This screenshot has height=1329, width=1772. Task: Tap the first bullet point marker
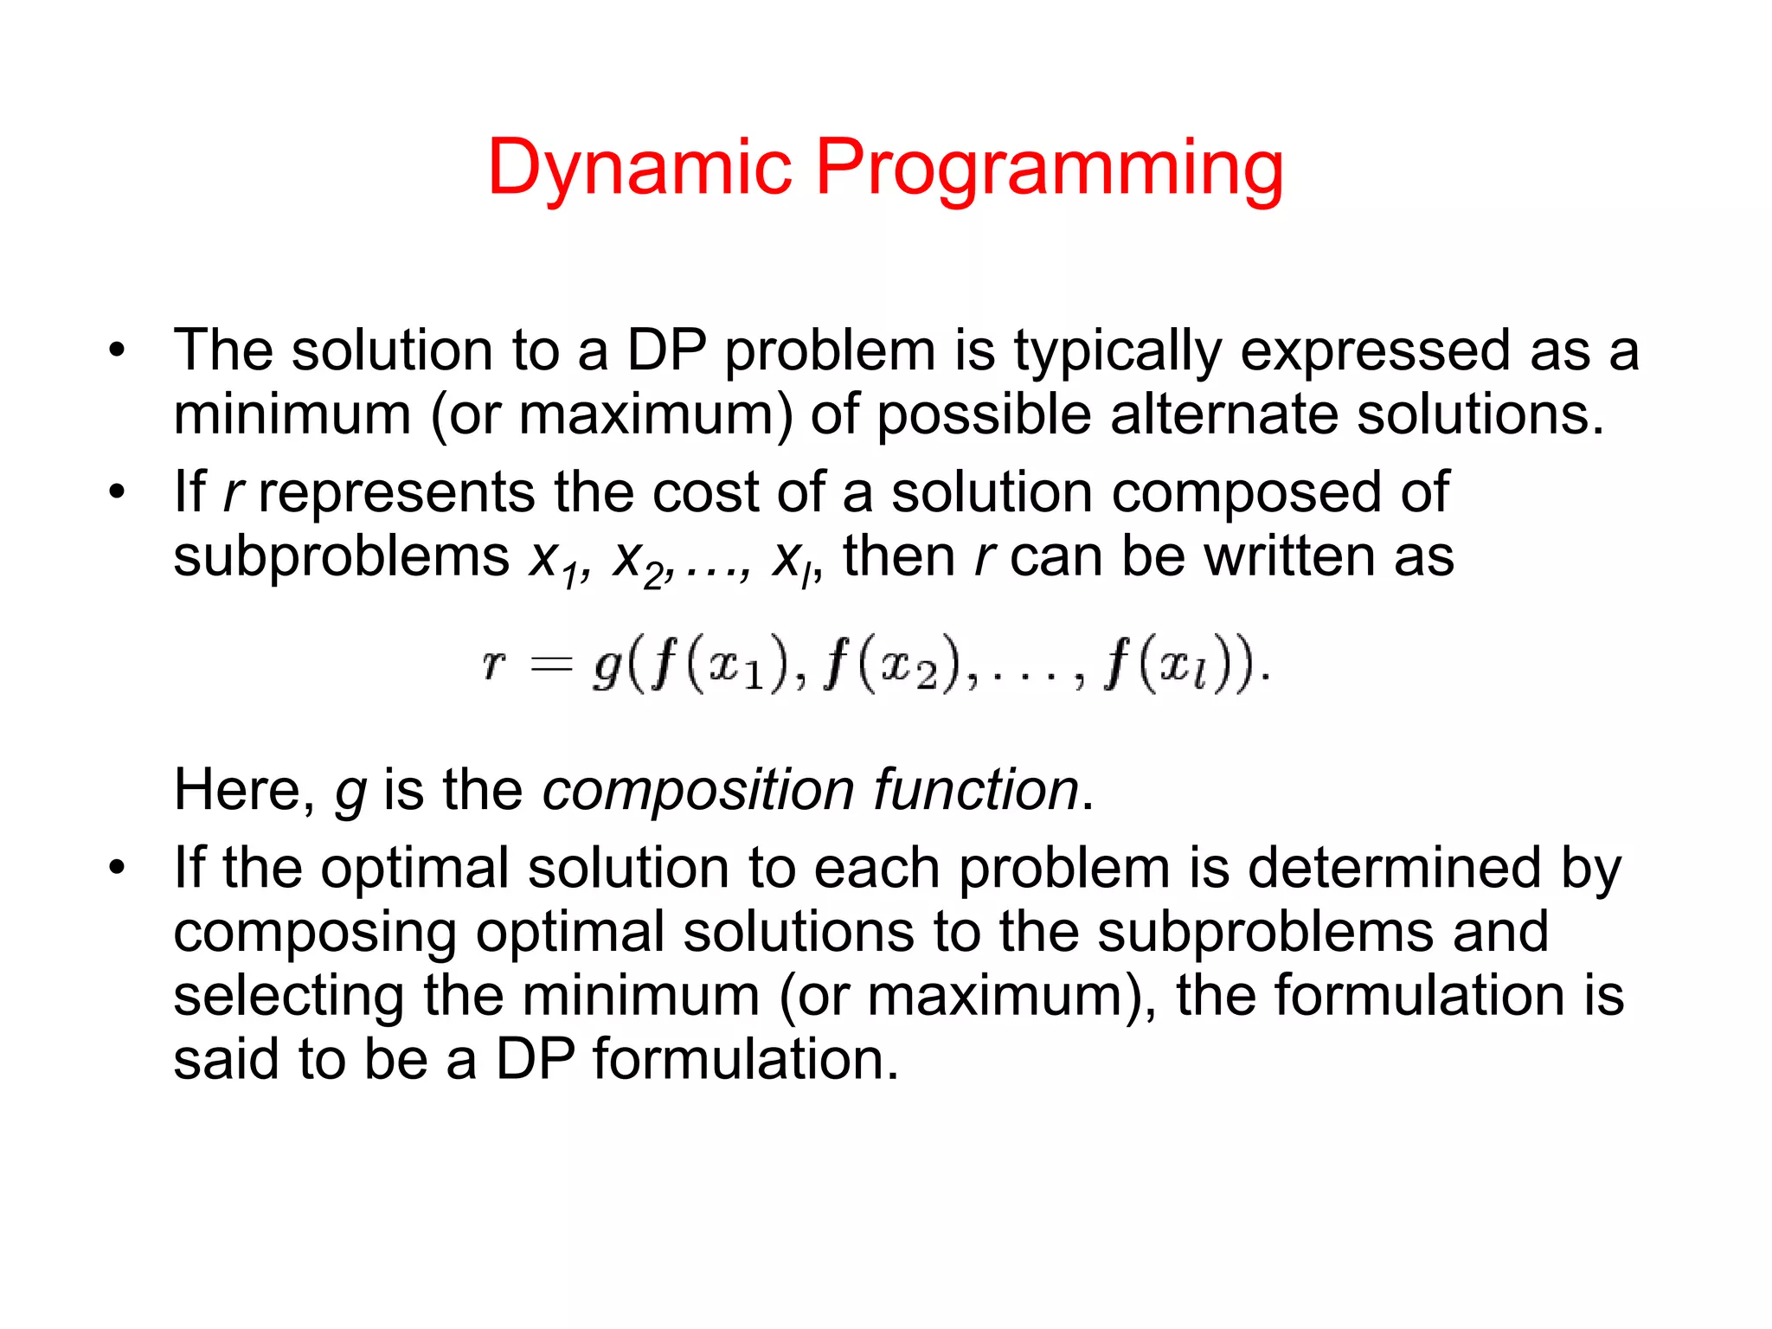tap(117, 351)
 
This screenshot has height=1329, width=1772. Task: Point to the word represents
tap(397, 492)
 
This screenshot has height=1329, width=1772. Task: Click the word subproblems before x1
tap(342, 556)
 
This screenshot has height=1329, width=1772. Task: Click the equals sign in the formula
tap(551, 665)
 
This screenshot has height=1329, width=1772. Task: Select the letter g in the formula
tap(607, 667)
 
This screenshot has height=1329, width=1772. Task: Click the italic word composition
tap(698, 790)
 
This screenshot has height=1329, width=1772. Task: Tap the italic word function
tap(975, 790)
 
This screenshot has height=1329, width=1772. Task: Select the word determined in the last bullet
tap(1393, 868)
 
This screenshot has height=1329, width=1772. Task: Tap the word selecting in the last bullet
tap(288, 996)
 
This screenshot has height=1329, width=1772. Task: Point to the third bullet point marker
tap(117, 868)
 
